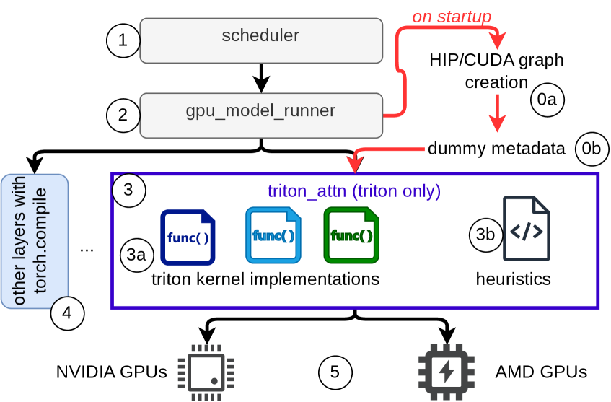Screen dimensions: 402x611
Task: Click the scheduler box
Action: (260, 40)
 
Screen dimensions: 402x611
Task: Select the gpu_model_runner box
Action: (260, 115)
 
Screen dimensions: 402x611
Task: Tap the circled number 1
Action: (123, 40)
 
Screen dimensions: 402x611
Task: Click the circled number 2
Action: (123, 115)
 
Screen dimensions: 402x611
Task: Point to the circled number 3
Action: (128, 191)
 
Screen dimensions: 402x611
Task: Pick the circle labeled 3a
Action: (136, 255)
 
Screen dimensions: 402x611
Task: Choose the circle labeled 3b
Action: (485, 235)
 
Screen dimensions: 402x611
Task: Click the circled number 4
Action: (67, 313)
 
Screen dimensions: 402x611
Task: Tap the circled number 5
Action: (335, 372)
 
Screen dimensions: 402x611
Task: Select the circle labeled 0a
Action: (547, 100)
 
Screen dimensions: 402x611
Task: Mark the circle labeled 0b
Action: (592, 149)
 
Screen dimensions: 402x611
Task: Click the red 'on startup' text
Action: (451, 17)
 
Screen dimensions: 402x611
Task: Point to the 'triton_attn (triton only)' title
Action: (353, 192)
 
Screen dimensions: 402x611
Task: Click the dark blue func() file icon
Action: (188, 237)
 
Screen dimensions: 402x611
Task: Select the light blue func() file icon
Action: (273, 235)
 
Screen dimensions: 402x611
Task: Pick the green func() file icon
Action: (351, 235)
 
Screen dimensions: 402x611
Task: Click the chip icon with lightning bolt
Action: (447, 372)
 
